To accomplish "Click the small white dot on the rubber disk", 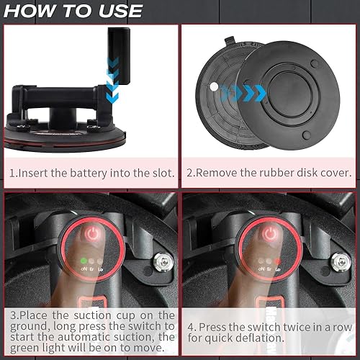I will click(x=214, y=86).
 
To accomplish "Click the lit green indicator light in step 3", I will click(x=84, y=261).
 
